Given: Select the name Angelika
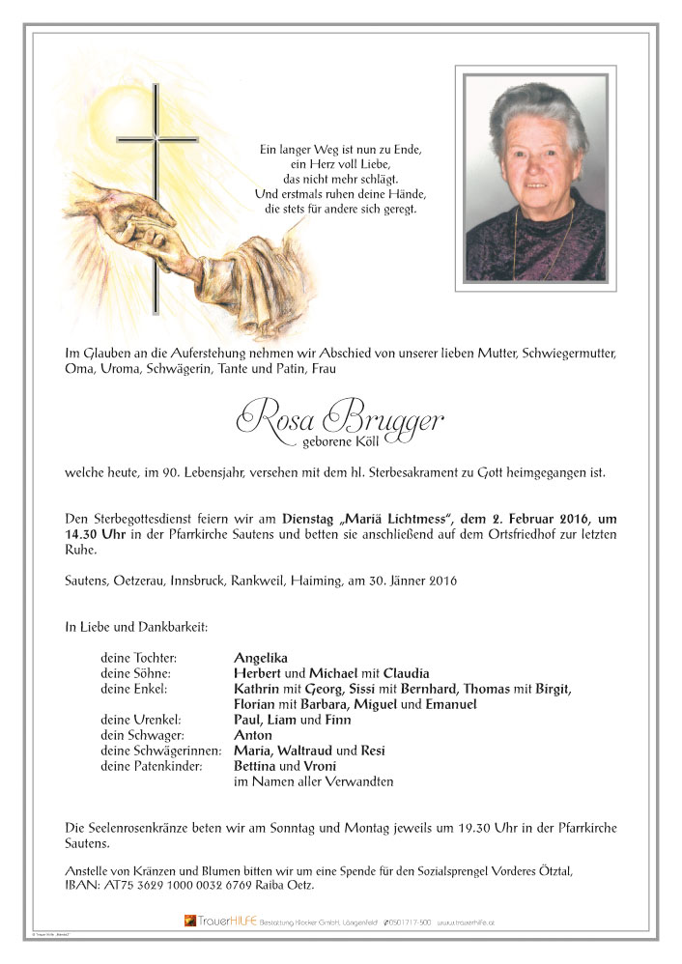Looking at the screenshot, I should [261, 658].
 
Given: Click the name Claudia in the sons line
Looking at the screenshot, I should [407, 673].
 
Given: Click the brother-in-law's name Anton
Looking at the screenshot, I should [253, 735].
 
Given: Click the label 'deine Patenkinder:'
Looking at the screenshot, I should [152, 766].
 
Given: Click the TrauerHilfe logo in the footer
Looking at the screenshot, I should [220, 921].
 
